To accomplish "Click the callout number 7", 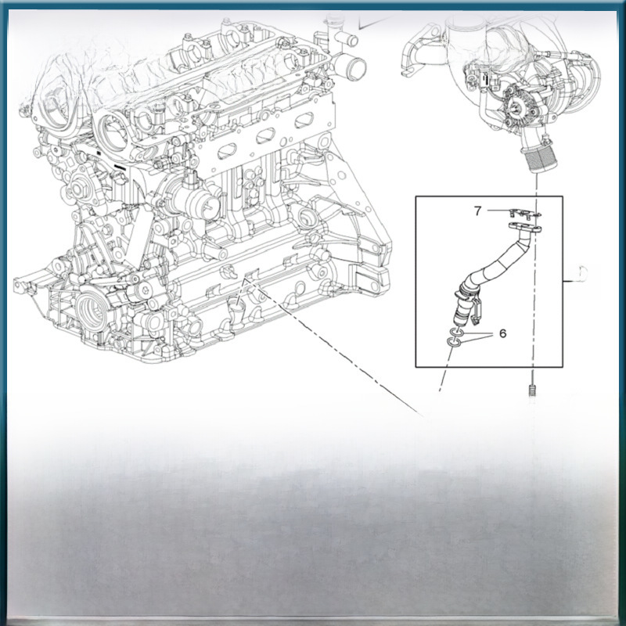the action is point(477,210).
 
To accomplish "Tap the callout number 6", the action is point(502,333).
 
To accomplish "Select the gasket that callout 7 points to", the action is point(524,214).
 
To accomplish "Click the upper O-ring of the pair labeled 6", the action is point(455,333).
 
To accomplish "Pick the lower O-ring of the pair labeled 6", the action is point(454,343).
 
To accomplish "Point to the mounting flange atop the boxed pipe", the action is point(524,227).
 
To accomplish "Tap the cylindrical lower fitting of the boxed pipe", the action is point(462,305).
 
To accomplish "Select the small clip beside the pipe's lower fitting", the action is point(478,311).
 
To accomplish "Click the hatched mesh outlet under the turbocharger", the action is point(536,160).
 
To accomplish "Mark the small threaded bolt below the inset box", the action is point(532,390).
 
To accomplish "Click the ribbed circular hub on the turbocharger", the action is point(519,107).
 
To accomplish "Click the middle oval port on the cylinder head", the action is point(266,136).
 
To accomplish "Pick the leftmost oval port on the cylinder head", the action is point(226,151).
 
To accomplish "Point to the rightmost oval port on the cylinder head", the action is point(304,121).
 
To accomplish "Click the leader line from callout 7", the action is point(498,210).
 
